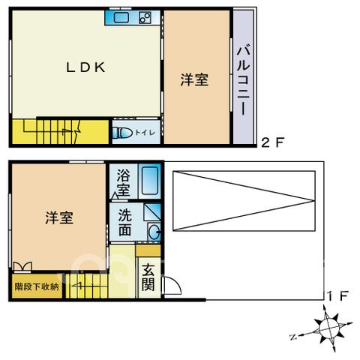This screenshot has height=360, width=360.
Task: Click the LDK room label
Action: [x=85, y=67]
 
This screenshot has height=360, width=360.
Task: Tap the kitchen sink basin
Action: [x=121, y=18]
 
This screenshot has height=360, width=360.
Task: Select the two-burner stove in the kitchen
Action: [x=145, y=18]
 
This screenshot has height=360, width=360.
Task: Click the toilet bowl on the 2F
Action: [x=122, y=133]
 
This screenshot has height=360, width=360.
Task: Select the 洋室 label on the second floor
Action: [x=194, y=79]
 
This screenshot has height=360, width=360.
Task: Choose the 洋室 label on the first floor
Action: [x=59, y=217]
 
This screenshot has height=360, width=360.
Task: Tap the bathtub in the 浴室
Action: [x=150, y=181]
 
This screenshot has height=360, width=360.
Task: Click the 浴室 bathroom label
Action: [x=124, y=182]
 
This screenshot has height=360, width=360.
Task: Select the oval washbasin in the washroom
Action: [x=154, y=232]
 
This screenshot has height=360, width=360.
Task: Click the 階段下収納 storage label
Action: [x=37, y=286]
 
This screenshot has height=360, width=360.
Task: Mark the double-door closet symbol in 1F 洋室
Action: [x=22, y=266]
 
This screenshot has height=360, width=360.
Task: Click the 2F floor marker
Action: [x=273, y=142]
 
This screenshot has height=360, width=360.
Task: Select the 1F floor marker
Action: [x=337, y=296]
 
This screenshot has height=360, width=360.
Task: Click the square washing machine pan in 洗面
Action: [x=152, y=212]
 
